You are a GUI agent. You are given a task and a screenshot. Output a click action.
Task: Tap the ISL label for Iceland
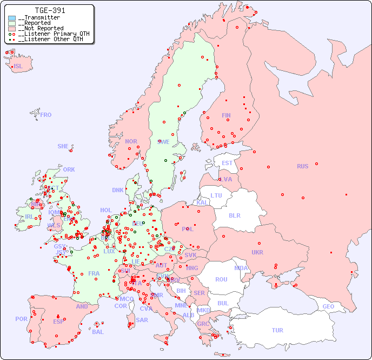pos(18,67)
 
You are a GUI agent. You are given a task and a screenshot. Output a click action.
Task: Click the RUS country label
pos(302,166)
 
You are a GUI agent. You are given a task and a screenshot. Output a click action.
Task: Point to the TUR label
pos(277,330)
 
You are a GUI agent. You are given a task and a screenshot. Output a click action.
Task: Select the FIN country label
pos(226,115)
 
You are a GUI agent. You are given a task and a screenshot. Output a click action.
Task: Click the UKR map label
pos(257,252)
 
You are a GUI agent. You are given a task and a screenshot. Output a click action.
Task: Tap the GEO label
pos(328,306)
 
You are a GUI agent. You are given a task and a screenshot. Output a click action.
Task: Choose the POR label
pos(21,319)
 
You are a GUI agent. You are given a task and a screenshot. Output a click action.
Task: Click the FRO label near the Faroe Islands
pos(46,115)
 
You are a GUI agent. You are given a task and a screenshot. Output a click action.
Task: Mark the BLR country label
pos(234,215)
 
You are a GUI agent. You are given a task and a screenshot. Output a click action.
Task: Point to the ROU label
pos(221,279)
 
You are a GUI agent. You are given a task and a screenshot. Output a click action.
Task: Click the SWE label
pos(163,142)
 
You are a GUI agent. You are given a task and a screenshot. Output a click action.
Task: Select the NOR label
pos(131,141)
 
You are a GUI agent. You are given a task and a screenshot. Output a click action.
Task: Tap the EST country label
pos(227,163)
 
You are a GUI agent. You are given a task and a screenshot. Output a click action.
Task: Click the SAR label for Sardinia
pos(142,320)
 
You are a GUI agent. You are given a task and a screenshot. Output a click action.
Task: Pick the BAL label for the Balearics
pos(97,332)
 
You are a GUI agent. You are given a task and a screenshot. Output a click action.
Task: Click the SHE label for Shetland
pos(63,146)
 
